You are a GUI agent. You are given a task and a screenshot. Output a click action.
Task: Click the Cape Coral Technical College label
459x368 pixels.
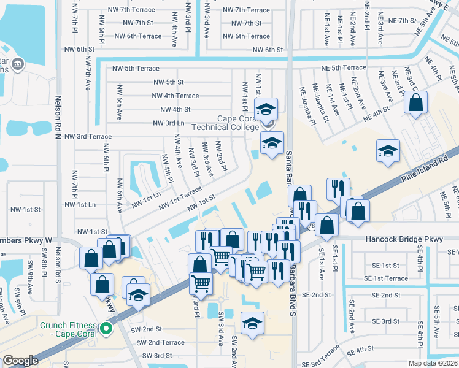[x=225, y=123]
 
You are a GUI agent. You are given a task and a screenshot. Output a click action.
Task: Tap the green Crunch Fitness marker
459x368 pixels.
[x=107, y=329]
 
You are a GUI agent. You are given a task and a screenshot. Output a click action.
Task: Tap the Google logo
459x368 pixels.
[x=20, y=361]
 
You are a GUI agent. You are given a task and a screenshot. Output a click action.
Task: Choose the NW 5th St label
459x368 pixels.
[x=168, y=82]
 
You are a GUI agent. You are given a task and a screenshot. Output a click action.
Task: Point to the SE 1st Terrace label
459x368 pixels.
[x=385, y=278]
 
